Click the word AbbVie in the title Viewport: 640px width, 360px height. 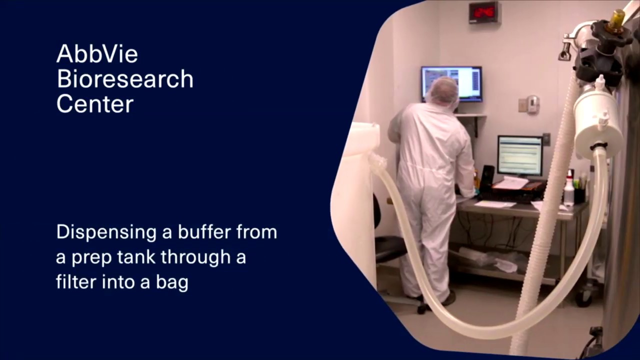(x=97, y=53)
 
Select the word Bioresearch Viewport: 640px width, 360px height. (x=124, y=79)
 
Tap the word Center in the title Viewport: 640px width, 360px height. (x=94, y=104)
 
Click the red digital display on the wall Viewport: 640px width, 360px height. (x=483, y=12)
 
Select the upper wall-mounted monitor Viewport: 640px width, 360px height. (x=451, y=83)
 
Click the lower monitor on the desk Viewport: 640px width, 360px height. (x=519, y=155)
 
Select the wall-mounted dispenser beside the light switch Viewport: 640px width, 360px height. (x=533, y=104)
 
